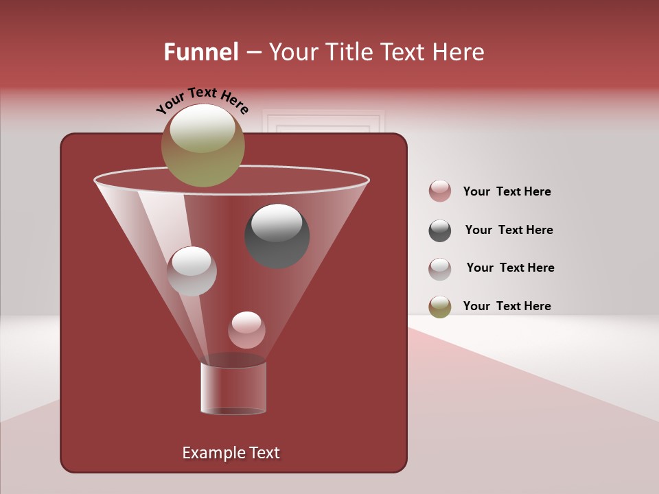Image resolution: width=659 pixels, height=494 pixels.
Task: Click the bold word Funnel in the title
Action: tap(200, 52)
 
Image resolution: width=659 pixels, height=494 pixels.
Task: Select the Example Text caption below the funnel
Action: tap(231, 453)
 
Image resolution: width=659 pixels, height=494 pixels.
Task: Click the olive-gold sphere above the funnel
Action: tap(203, 145)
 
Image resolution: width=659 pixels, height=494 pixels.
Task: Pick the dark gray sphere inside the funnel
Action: tap(277, 235)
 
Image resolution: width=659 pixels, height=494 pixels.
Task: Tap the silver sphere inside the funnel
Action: tap(192, 271)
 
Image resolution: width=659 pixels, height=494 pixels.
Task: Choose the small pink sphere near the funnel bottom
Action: tap(247, 330)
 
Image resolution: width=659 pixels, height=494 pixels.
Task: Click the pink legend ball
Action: tap(440, 191)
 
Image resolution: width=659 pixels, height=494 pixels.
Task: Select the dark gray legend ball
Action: tap(440, 231)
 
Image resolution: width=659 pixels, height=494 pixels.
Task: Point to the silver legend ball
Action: tap(440, 269)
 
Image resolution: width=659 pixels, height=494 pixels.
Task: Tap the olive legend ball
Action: tap(440, 307)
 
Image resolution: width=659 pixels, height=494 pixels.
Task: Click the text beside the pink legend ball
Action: tap(507, 192)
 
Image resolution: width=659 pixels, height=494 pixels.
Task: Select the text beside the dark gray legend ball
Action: tap(509, 231)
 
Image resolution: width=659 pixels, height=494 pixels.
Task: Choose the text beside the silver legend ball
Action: tap(510, 268)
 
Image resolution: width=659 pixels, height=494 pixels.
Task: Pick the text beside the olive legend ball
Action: tap(507, 307)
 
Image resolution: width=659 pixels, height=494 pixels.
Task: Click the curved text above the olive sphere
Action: tap(202, 100)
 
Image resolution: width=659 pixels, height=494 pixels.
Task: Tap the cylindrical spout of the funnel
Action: tap(233, 388)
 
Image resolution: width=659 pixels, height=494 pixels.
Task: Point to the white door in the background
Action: tap(323, 123)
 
